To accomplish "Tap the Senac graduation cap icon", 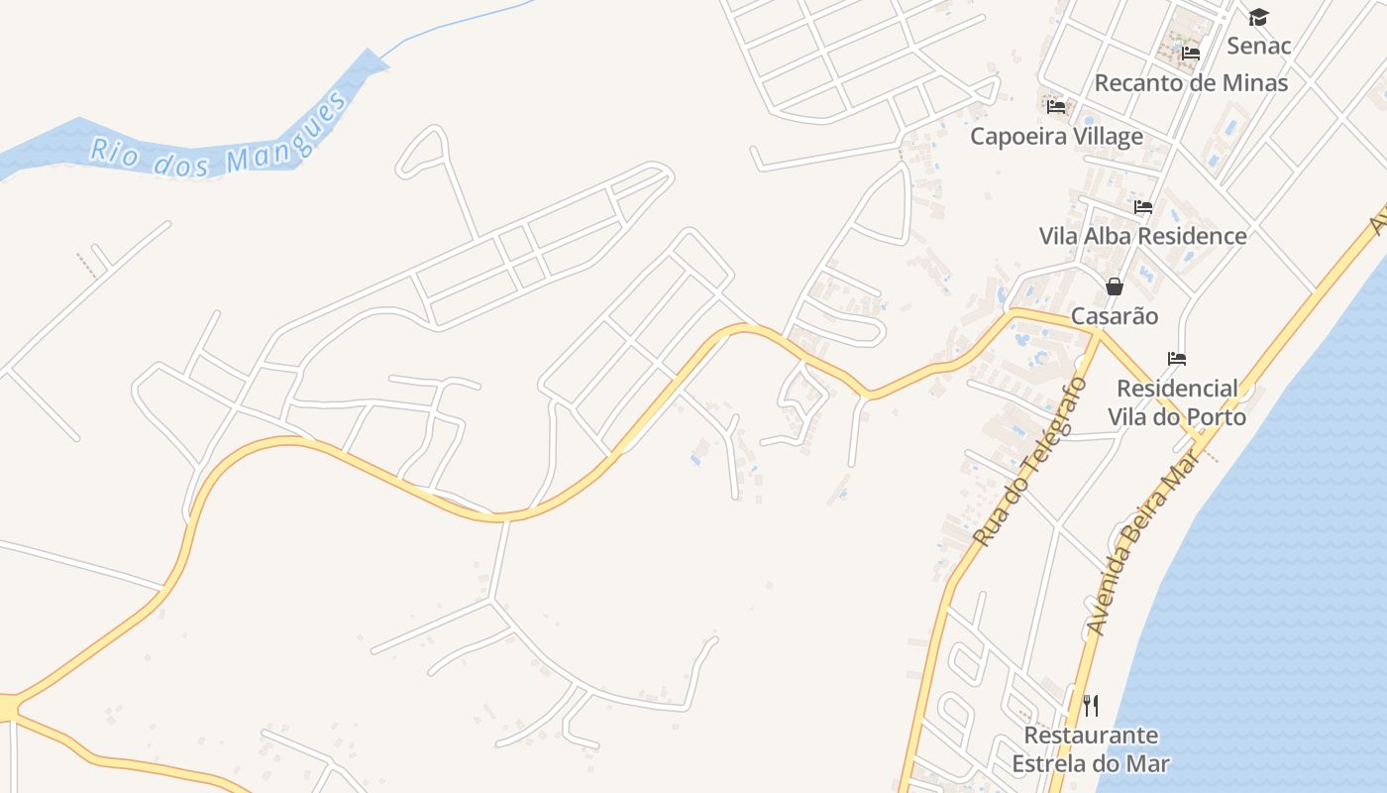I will (1258, 17).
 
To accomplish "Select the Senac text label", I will (1259, 46).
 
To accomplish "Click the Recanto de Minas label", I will (1191, 82).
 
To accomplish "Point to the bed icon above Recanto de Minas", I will (1191, 53).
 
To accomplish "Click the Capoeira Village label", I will (1056, 136).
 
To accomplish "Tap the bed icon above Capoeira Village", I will (1056, 106).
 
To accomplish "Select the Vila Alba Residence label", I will (1142, 236).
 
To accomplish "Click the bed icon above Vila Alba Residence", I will (1143, 207).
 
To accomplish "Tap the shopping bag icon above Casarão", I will (1115, 286).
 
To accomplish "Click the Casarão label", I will (1115, 316).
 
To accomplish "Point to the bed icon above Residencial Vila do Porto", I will (1177, 358).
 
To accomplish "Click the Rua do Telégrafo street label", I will (1025, 463).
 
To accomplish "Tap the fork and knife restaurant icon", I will (1091, 706).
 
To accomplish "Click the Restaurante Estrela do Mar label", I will (1091, 749).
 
